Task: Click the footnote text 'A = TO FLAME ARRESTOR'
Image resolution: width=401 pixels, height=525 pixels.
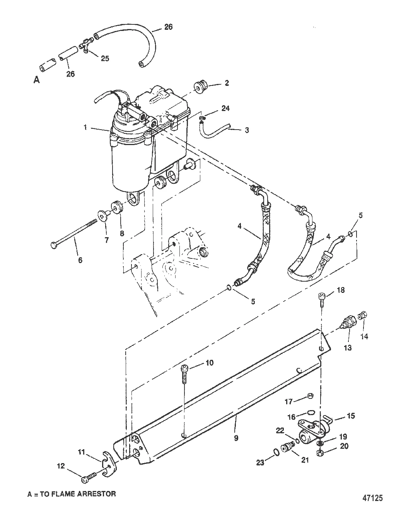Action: (x=72, y=494)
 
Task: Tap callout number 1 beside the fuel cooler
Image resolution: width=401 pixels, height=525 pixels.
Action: (x=85, y=127)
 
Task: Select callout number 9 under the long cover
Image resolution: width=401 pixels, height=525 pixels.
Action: (x=236, y=438)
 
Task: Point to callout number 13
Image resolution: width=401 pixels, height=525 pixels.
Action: (x=348, y=347)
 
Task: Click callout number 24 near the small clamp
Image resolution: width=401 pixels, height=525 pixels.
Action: (x=225, y=108)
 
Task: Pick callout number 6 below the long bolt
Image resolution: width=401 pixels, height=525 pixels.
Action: (x=80, y=260)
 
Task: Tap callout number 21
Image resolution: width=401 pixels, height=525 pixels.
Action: (x=305, y=460)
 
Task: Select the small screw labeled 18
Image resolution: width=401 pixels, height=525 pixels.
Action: (x=321, y=301)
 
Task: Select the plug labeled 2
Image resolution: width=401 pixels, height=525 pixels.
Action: (x=201, y=86)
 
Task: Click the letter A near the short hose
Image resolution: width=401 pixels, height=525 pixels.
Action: (x=37, y=80)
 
